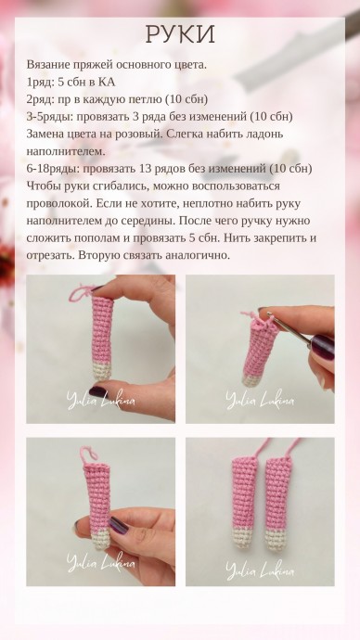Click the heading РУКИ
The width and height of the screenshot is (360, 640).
click(180, 34)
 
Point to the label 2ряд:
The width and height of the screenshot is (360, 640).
click(45, 99)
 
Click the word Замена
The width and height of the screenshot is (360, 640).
click(51, 134)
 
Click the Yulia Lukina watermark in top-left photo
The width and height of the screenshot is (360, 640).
click(100, 400)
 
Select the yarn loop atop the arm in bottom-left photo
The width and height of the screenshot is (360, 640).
click(90, 455)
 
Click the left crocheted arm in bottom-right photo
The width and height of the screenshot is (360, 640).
click(244, 501)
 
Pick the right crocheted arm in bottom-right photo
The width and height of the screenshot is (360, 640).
click(277, 501)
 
